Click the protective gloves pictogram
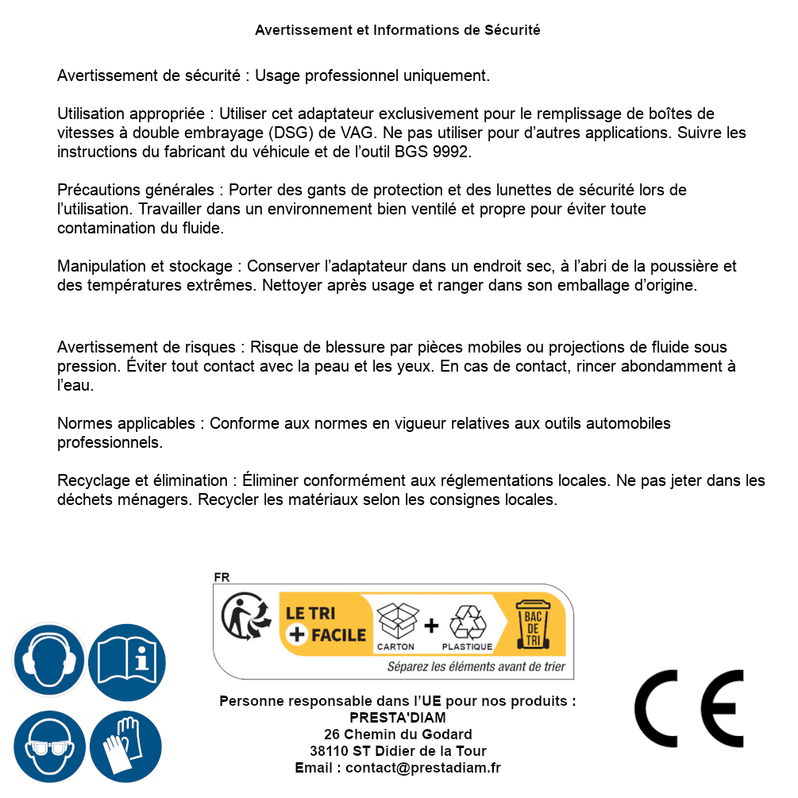(126, 746)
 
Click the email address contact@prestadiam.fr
(423, 768)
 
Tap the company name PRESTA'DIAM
(398, 718)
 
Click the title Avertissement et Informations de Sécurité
(398, 30)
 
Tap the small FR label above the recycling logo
(221, 577)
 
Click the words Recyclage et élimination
(142, 480)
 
